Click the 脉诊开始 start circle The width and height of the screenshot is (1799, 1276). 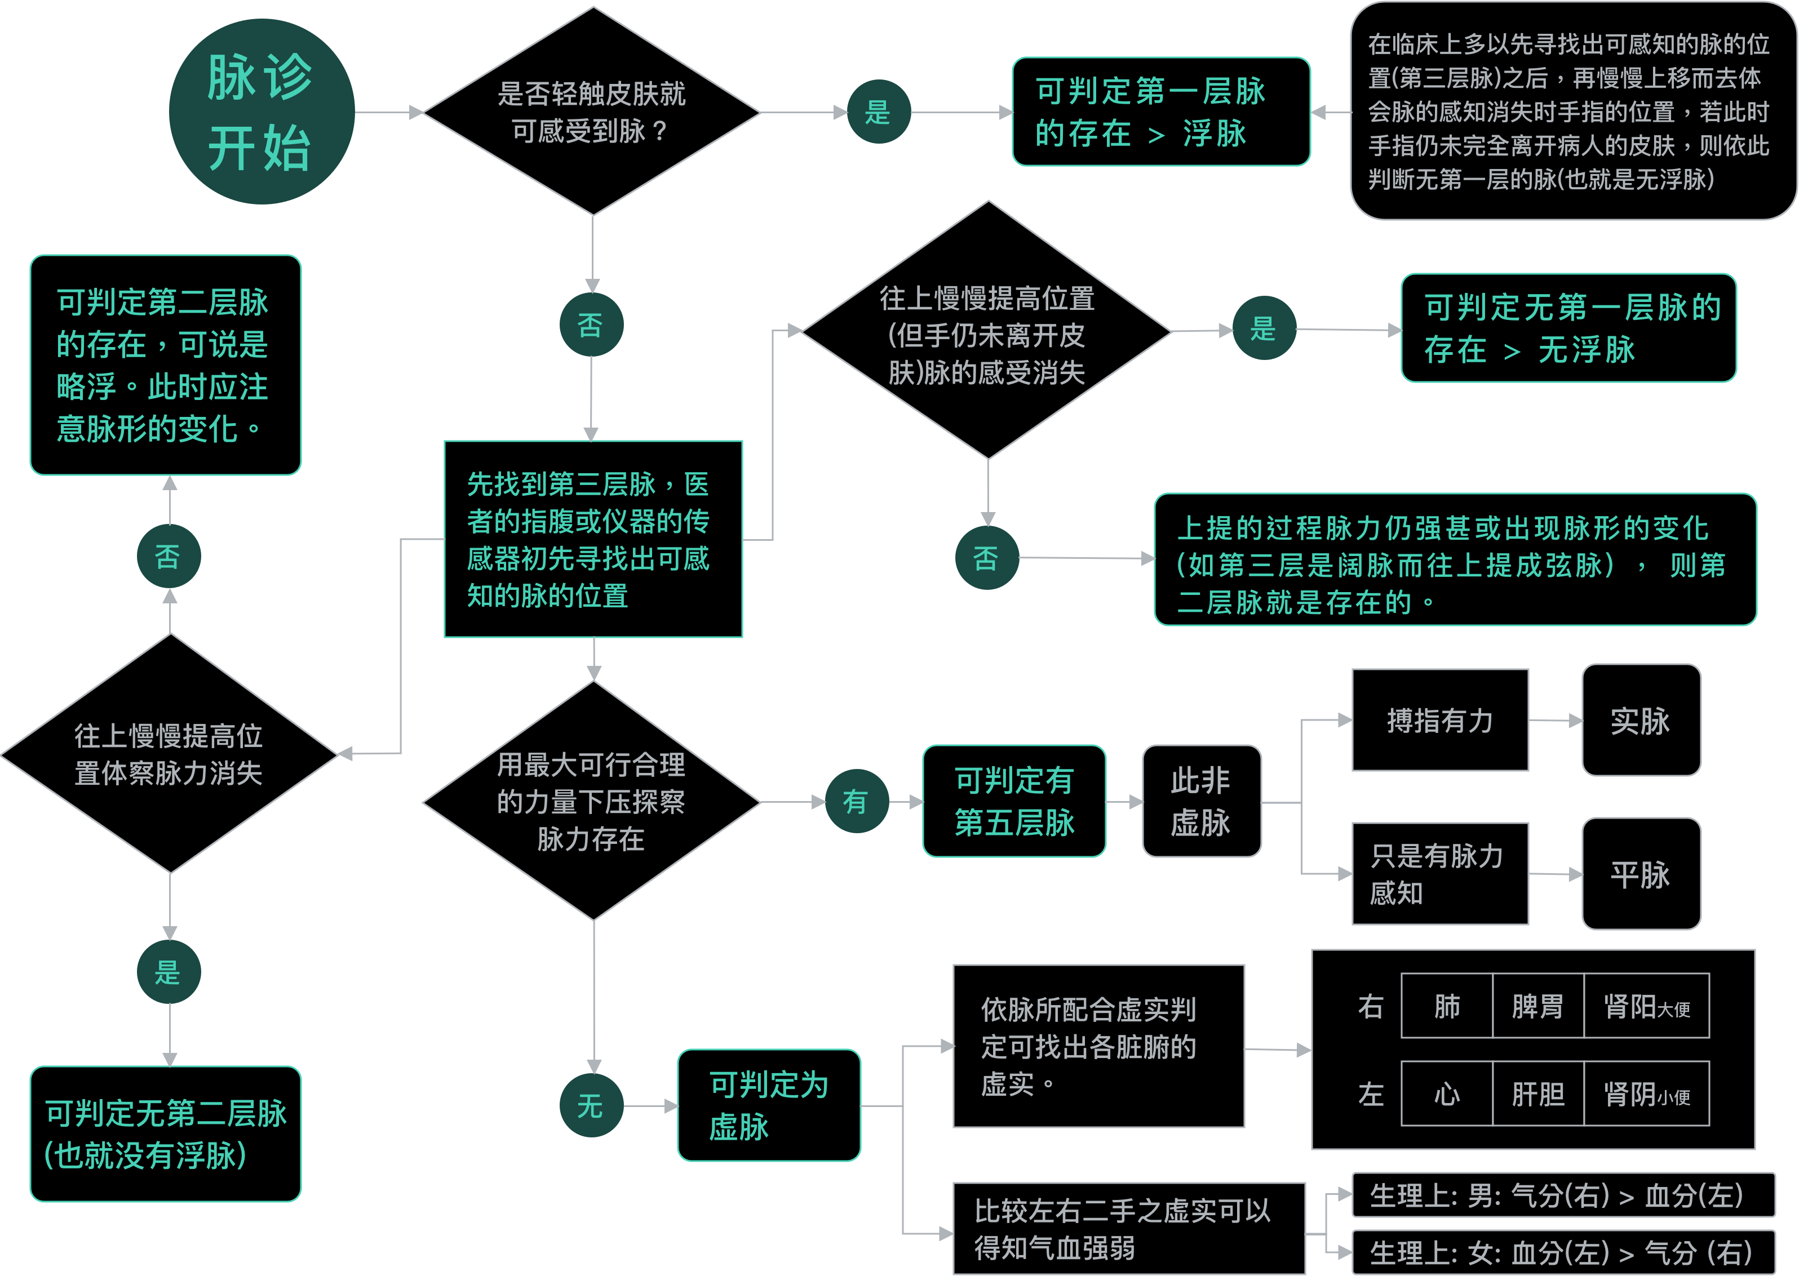click(261, 112)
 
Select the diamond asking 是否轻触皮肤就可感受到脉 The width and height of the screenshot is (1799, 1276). click(592, 112)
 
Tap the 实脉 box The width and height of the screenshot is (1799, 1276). click(1641, 721)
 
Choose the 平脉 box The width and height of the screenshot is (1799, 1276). click(1641, 874)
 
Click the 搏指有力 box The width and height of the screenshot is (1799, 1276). click(1440, 721)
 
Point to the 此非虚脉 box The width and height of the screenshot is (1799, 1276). click(1201, 802)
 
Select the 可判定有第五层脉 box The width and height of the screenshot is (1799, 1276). click(1014, 802)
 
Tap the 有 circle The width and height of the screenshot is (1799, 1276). click(857, 802)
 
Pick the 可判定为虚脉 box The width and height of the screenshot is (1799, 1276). click(769, 1105)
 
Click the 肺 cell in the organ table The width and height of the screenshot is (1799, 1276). click(1446, 1006)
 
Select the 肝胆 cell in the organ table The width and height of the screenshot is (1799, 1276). click(1537, 1093)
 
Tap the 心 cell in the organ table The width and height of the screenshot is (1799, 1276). click(1446, 1093)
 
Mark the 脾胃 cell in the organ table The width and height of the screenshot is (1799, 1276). click(1537, 1006)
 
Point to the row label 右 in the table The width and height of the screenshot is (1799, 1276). click(1371, 1006)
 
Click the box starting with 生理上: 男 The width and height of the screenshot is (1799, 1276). click(1562, 1195)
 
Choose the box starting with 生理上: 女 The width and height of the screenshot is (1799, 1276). click(1562, 1252)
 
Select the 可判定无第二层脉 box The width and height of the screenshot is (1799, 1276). click(165, 1134)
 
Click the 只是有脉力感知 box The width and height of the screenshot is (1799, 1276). click(1440, 874)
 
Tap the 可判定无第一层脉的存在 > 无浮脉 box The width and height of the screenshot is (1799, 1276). click(1568, 328)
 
